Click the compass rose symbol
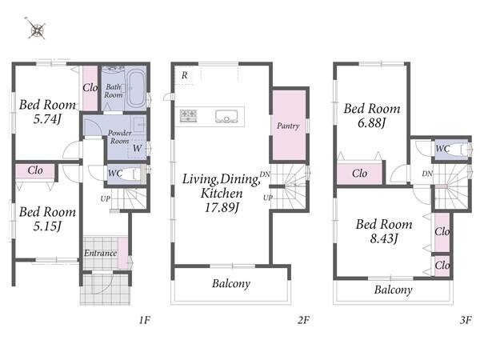pyautogui.click(x=37, y=30)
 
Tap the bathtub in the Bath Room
pyautogui.click(x=136, y=88)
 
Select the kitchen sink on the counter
pyautogui.click(x=226, y=116)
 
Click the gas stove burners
pyautogui.click(x=188, y=116)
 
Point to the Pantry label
pyautogui.click(x=288, y=126)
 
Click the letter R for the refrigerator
pyautogui.click(x=184, y=75)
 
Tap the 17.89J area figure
pyautogui.click(x=222, y=207)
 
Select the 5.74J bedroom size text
pyautogui.click(x=47, y=118)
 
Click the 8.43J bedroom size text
pyautogui.click(x=384, y=238)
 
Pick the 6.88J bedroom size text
pyautogui.click(x=372, y=122)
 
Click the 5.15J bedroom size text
pyautogui.click(x=47, y=226)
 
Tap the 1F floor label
pyautogui.click(x=145, y=320)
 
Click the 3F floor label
pyautogui.click(x=466, y=320)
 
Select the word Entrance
pyautogui.click(x=101, y=253)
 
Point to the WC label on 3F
pyautogui.click(x=442, y=149)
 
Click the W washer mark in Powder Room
pyautogui.click(x=137, y=148)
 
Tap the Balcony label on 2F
pyautogui.click(x=231, y=284)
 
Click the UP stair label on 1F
pyautogui.click(x=106, y=198)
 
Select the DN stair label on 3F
pyautogui.click(x=427, y=174)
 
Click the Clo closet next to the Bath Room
pyautogui.click(x=90, y=88)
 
